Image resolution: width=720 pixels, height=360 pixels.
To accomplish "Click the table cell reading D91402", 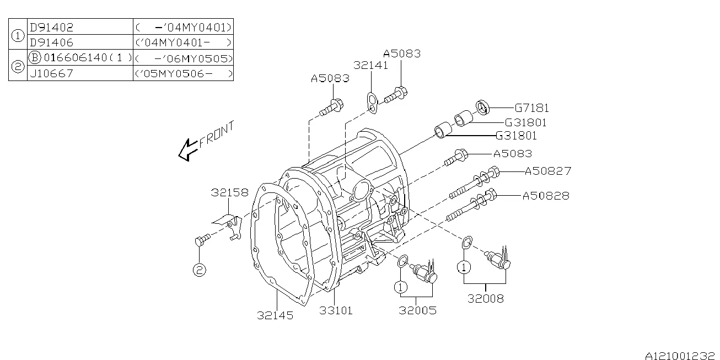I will coord(51,27).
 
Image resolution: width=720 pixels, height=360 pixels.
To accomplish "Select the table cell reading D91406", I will coord(51,42).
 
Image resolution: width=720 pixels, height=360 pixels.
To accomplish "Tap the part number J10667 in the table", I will coord(51,73).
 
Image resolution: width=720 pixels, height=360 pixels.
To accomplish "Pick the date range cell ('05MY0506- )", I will coord(183,73).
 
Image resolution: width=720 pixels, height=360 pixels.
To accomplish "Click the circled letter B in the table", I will coord(34,58).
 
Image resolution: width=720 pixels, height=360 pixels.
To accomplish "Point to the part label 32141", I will coord(370,65).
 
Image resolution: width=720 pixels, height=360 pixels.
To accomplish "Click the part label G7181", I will coord(531,109).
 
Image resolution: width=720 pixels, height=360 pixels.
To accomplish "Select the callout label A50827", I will coord(547,171).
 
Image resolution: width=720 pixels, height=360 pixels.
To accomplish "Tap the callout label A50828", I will coord(546,196).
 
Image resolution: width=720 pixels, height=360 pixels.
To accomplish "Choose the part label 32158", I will coord(229,192).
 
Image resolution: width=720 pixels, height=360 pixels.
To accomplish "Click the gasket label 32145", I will coord(275,315).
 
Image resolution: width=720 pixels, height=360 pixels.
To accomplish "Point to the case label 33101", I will coord(336,311).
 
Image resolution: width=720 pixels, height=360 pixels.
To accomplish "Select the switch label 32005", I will coord(417,310).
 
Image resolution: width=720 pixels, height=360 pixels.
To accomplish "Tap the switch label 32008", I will coord(485,299).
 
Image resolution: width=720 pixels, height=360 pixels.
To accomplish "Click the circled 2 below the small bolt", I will coord(199,270).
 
